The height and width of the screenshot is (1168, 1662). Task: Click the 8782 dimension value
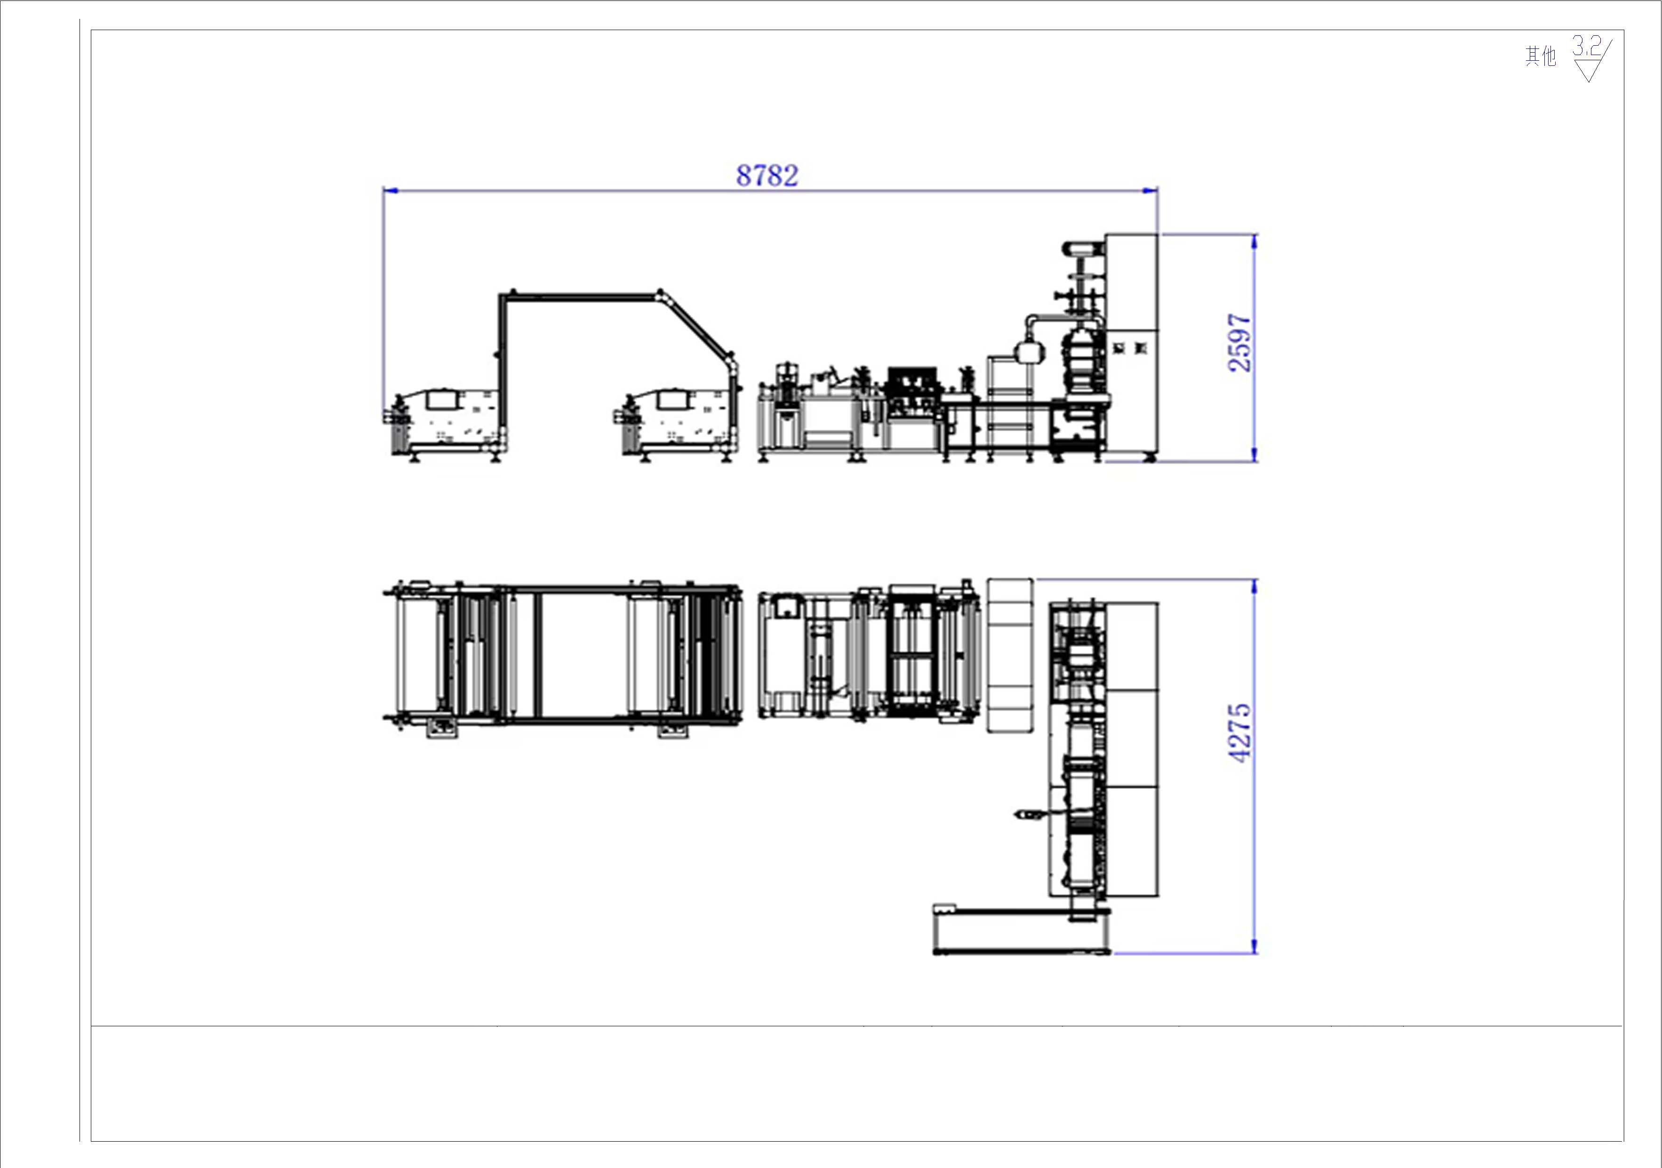pyautogui.click(x=767, y=175)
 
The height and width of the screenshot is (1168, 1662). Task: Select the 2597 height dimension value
pyautogui.click(x=1240, y=343)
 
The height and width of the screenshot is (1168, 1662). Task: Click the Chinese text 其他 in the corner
pyautogui.click(x=1541, y=56)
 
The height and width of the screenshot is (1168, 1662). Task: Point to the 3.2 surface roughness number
pyautogui.click(x=1586, y=48)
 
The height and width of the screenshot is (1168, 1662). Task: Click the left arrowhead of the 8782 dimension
pyautogui.click(x=390, y=191)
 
